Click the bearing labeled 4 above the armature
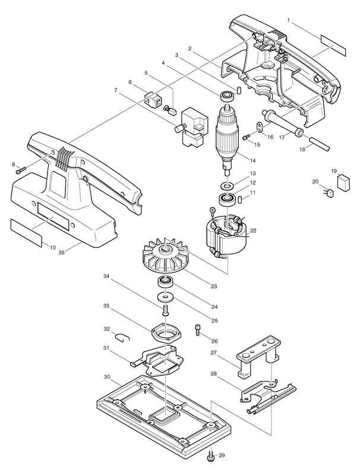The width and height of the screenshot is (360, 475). click(x=226, y=95)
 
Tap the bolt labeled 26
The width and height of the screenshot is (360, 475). click(x=199, y=328)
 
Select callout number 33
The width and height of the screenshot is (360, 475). click(x=106, y=306)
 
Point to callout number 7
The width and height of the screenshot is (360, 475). click(x=116, y=90)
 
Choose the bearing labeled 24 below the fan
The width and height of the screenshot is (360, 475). click(x=166, y=281)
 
